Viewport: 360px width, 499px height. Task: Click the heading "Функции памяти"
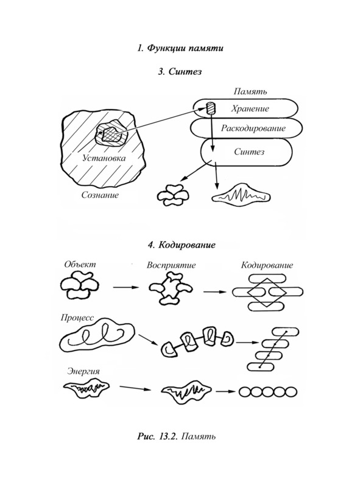(x=185, y=48)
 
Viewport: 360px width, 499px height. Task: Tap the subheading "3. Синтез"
(x=180, y=71)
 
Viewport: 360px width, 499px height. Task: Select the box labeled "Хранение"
(x=245, y=108)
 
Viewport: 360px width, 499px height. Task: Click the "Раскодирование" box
(x=246, y=128)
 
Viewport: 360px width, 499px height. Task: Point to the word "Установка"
(x=104, y=158)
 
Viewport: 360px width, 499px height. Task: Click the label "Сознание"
(x=100, y=195)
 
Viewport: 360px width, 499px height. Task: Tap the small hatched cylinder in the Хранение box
(x=211, y=108)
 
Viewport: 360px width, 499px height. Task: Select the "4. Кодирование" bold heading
(x=182, y=245)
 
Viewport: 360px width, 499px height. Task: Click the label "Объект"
(x=80, y=264)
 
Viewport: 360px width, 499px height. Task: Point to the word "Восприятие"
(x=171, y=265)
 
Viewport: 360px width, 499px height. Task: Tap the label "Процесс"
(x=77, y=318)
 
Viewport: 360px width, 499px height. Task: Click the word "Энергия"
(x=83, y=371)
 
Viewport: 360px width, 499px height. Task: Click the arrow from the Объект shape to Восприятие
(x=126, y=287)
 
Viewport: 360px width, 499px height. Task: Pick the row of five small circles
(x=268, y=392)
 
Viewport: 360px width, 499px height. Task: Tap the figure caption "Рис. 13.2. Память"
(x=176, y=436)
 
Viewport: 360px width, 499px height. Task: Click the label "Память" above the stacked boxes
(x=250, y=92)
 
